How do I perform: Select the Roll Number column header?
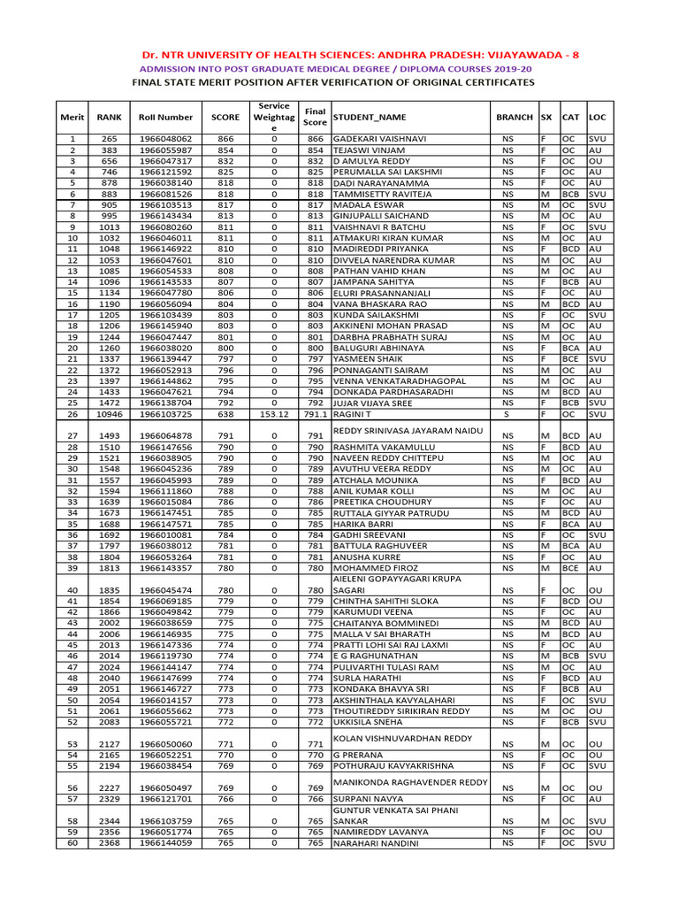coord(165,117)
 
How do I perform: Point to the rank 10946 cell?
coord(109,414)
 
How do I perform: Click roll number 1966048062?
coord(165,139)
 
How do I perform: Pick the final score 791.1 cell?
coord(315,414)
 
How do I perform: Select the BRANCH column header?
coord(515,117)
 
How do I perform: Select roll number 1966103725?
coord(165,414)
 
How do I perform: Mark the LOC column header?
coord(598,117)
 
